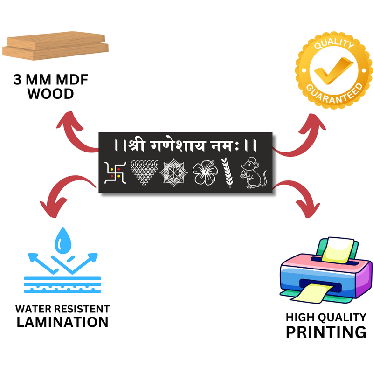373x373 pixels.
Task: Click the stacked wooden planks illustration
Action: click(55, 46)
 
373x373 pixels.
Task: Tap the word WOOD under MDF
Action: click(51, 94)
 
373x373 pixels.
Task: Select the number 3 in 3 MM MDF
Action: click(17, 79)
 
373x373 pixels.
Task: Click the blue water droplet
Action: click(63, 241)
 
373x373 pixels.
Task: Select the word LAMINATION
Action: click(62, 322)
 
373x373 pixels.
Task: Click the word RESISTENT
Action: click(81, 309)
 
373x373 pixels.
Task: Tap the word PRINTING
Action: click(326, 332)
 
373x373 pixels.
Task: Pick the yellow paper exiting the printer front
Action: click(311, 293)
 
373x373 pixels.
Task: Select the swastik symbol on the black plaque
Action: click(115, 173)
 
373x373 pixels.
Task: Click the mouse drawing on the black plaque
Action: click(253, 173)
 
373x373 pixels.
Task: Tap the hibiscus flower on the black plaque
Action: click(205, 173)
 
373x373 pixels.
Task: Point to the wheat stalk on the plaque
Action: click(228, 173)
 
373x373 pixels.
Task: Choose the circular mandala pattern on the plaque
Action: click(174, 173)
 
